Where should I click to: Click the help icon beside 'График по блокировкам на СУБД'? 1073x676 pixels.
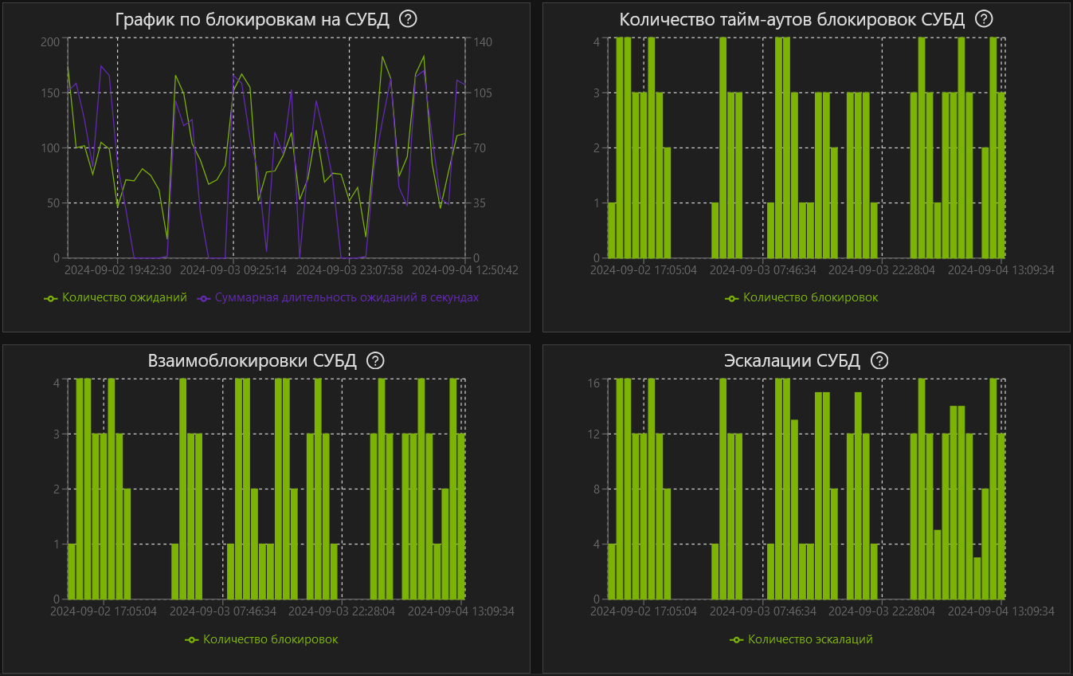[408, 19]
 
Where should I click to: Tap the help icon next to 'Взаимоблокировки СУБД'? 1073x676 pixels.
[375, 360]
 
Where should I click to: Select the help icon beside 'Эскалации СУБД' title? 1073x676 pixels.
[879, 360]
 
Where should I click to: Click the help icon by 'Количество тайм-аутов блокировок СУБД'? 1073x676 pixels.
[985, 19]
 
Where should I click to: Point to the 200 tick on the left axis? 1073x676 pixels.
[49, 41]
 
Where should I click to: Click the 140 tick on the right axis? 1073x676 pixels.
[482, 41]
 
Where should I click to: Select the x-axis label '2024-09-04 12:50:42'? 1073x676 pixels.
[465, 270]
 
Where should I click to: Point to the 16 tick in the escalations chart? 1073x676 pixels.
[593, 383]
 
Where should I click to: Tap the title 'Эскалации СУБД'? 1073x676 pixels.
[792, 360]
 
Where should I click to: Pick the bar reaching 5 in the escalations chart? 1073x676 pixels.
[938, 564]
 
